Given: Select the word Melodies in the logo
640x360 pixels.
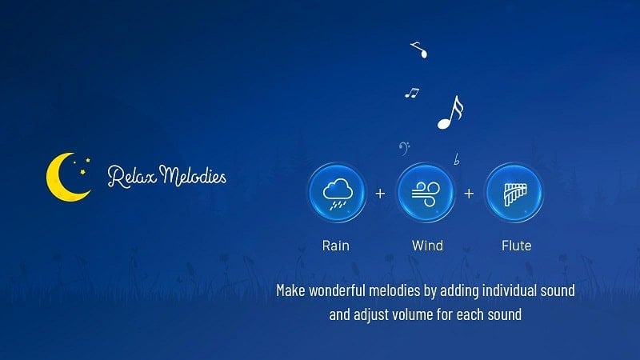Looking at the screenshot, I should pyautogui.click(x=192, y=174).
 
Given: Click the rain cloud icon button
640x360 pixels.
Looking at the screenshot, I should pyautogui.click(x=336, y=193).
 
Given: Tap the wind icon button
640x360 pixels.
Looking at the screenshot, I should pyautogui.click(x=425, y=193).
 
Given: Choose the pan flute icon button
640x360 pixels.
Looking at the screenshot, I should pyautogui.click(x=514, y=193).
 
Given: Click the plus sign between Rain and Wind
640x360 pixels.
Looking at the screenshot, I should pyautogui.click(x=380, y=194).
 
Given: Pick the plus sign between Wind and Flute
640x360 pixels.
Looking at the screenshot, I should pyautogui.click(x=469, y=194).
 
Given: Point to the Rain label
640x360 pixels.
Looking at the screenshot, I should pyautogui.click(x=336, y=245).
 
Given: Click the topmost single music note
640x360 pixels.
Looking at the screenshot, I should pyautogui.click(x=419, y=50).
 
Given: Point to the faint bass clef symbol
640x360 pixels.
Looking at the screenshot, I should pyautogui.click(x=405, y=148).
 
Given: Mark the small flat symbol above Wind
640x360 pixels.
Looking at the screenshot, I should pyautogui.click(x=456, y=159).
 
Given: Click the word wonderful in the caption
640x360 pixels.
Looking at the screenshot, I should pyautogui.click(x=346, y=290).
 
